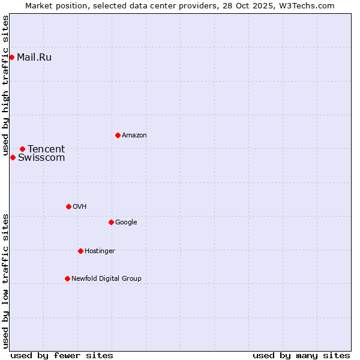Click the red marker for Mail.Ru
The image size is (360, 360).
12,58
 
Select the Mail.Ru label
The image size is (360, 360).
34,58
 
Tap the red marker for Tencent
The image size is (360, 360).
22,149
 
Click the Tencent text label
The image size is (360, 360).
46,149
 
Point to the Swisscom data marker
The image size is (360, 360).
13,157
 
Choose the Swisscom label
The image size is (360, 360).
41,158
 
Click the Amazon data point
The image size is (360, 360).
118,135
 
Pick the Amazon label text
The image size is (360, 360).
134,136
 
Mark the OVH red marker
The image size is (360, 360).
68,206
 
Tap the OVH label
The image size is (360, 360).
80,207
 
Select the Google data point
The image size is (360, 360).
111,222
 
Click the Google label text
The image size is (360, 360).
126,223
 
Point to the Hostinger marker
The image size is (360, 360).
80,251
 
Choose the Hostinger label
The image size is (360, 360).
100,251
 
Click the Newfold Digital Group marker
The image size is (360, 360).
67,278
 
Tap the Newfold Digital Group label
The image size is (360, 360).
106,279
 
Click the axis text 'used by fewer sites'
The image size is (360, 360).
62,355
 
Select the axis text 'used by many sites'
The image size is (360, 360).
301,355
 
